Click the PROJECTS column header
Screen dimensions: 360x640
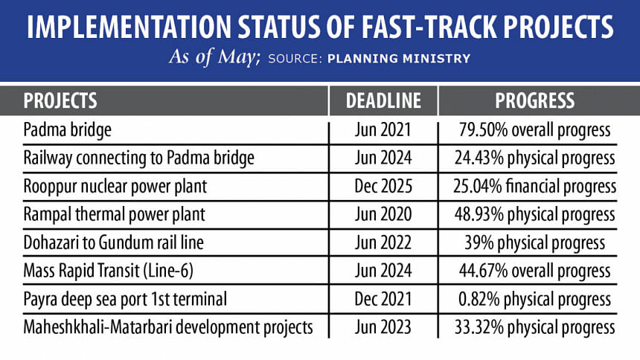(x=60, y=100)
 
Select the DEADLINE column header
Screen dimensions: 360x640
(x=384, y=100)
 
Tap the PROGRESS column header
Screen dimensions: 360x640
(x=535, y=100)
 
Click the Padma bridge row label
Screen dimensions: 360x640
(x=67, y=130)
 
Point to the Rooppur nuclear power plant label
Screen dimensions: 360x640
(x=115, y=186)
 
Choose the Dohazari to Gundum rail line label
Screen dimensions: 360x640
(x=113, y=242)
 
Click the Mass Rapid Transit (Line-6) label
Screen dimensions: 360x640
(x=108, y=271)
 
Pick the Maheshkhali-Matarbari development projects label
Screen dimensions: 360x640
(x=167, y=327)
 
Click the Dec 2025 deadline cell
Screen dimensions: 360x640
(x=383, y=186)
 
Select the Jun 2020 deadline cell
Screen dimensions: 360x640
(x=383, y=214)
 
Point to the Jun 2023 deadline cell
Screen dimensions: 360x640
(x=383, y=327)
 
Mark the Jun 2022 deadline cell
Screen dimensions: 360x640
(x=383, y=242)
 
